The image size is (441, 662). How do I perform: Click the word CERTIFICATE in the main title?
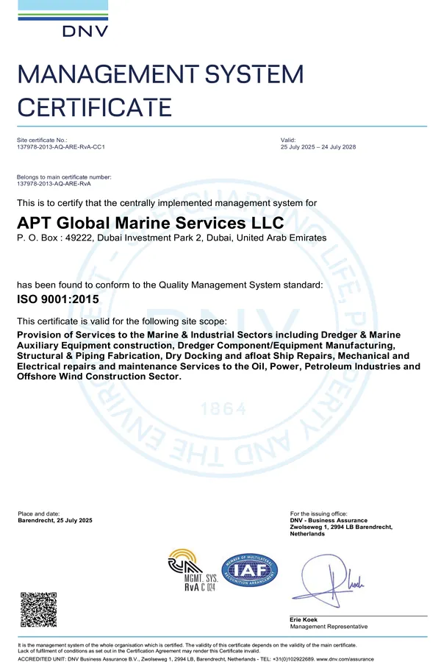(x=94, y=107)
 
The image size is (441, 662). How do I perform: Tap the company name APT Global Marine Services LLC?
(x=150, y=222)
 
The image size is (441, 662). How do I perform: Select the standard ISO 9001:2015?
(x=57, y=299)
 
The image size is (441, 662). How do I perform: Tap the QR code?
(x=37, y=608)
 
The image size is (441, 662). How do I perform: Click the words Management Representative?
(x=329, y=627)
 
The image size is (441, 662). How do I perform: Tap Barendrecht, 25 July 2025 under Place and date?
(x=55, y=521)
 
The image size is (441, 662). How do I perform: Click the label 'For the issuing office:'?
(x=319, y=513)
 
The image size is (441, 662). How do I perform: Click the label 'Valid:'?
(x=288, y=140)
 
